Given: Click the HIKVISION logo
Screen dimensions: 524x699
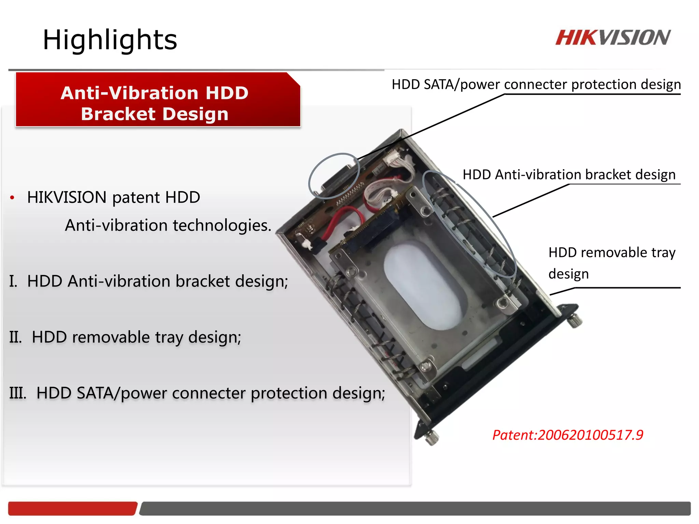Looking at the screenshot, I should (x=613, y=38).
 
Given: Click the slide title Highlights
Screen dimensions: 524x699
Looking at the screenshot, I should (x=110, y=40).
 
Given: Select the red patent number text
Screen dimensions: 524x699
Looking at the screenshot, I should (x=568, y=435).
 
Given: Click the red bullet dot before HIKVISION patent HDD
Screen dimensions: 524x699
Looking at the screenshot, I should (x=12, y=198).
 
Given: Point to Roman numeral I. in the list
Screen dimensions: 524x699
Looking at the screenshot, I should (x=13, y=281).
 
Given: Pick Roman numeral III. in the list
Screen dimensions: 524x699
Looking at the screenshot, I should (x=18, y=393).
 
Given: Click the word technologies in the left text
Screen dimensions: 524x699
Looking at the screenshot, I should (x=222, y=225).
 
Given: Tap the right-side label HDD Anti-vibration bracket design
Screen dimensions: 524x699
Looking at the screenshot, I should (x=569, y=175).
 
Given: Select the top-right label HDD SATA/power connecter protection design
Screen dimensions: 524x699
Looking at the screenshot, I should (x=536, y=85).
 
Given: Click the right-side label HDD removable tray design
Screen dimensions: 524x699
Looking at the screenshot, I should (x=612, y=263).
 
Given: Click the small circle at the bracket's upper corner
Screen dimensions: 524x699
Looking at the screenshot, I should (x=334, y=175).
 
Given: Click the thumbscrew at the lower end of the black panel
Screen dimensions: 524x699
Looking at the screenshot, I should (x=432, y=437).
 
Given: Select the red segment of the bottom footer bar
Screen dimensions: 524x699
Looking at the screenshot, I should (x=72, y=508).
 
